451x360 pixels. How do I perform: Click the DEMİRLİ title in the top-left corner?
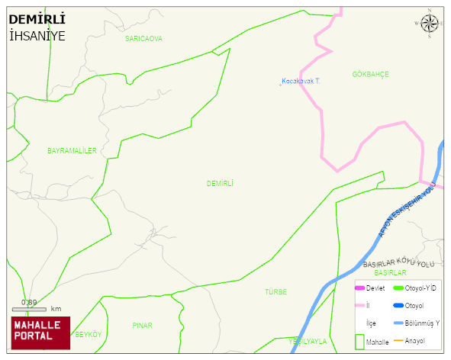[37, 19]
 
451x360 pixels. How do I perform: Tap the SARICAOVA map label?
[143, 38]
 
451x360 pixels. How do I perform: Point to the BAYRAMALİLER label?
[72, 151]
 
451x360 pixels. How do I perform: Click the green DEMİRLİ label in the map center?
[220, 184]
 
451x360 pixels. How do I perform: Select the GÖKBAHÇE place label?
[370, 74]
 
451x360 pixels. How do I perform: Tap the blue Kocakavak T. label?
[300, 81]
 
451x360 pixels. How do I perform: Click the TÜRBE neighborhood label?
[275, 292]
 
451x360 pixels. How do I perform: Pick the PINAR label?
[142, 326]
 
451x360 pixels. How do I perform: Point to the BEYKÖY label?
[89, 335]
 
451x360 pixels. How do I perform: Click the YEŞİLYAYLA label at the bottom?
[308, 342]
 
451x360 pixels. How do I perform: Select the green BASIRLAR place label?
[391, 272]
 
